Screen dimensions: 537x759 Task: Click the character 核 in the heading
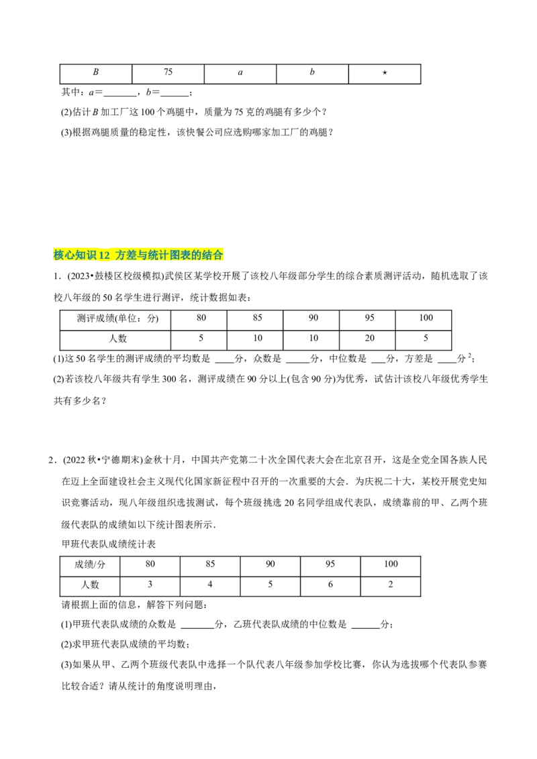(x=58, y=255)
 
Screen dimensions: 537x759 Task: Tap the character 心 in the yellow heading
(x=69, y=255)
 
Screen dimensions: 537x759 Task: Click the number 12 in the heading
(x=104, y=255)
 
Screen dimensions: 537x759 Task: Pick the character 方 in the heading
(x=121, y=255)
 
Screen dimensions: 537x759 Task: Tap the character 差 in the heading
(x=132, y=255)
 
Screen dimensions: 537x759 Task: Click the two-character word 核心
(x=64, y=255)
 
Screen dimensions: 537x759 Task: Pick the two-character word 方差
(x=126, y=255)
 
